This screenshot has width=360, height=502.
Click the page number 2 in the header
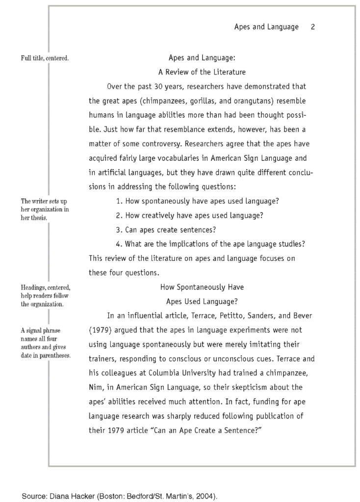click(312, 27)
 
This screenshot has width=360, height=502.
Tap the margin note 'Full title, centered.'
click(45, 58)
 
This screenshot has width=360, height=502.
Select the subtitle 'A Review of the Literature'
click(202, 72)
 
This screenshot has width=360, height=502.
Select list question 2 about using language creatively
click(189, 215)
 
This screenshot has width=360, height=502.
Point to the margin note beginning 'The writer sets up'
click(45, 209)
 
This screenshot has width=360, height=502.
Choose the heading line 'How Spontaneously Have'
click(202, 287)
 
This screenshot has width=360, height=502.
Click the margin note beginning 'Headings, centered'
click(45, 296)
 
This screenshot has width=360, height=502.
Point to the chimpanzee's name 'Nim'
click(96, 387)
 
